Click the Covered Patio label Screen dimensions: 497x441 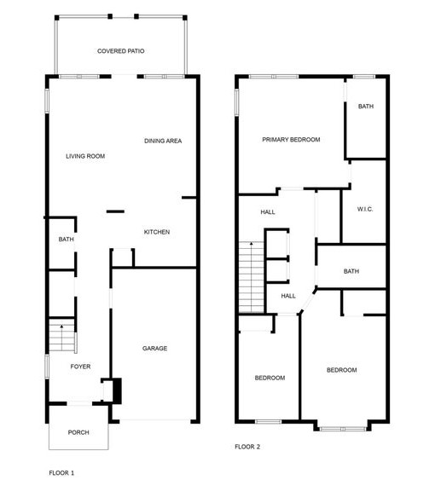[120, 51]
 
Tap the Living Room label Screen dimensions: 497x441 [85, 156]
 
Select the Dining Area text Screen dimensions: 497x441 [163, 141]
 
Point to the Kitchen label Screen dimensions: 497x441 [156, 232]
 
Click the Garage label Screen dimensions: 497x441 [154, 348]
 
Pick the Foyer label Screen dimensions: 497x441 [80, 367]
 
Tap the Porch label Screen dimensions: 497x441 [78, 432]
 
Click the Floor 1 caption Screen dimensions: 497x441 [61, 471]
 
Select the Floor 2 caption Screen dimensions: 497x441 [247, 446]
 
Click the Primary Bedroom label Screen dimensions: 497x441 [291, 139]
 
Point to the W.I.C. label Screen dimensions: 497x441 [365, 209]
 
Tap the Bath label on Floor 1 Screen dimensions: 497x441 [67, 240]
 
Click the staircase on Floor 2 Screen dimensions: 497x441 [250, 276]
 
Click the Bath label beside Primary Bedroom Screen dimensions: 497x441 [365, 107]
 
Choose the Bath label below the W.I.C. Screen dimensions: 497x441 [351, 271]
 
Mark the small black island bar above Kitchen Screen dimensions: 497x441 [114, 211]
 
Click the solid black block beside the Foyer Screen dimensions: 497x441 [117, 390]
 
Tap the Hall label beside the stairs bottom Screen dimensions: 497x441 [288, 296]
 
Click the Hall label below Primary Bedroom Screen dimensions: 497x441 [268, 213]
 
